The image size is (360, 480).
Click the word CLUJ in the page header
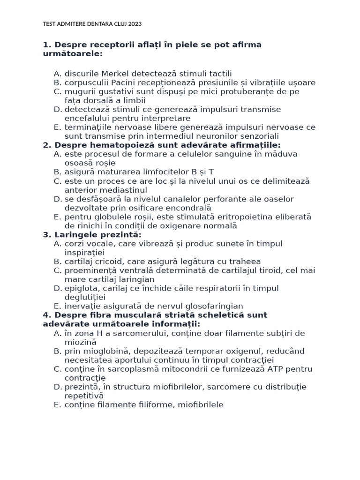coord(119,23)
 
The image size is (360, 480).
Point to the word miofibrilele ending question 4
coord(199,405)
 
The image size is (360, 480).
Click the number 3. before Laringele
coord(47,235)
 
